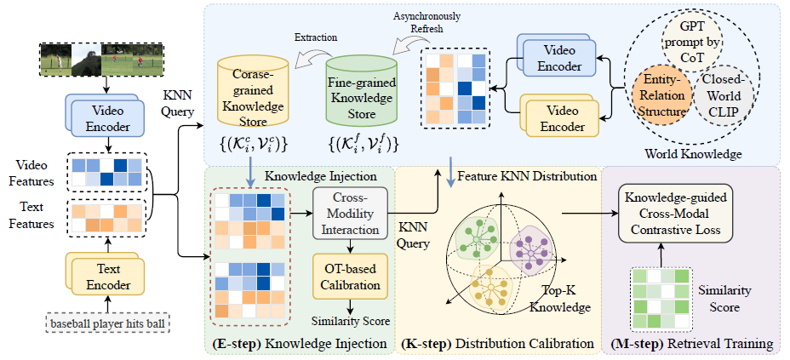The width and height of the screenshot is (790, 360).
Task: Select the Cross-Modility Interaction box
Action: coord(350,214)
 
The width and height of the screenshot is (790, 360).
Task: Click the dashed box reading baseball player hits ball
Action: coord(106,323)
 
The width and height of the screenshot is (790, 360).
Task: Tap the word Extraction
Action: coord(315,37)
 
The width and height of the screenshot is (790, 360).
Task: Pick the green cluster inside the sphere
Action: coord(475,237)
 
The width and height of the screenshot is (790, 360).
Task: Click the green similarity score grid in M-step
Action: coord(661,299)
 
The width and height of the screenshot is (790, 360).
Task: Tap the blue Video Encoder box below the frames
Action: coord(105,119)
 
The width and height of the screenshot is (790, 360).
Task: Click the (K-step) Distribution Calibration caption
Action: coord(498,345)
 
